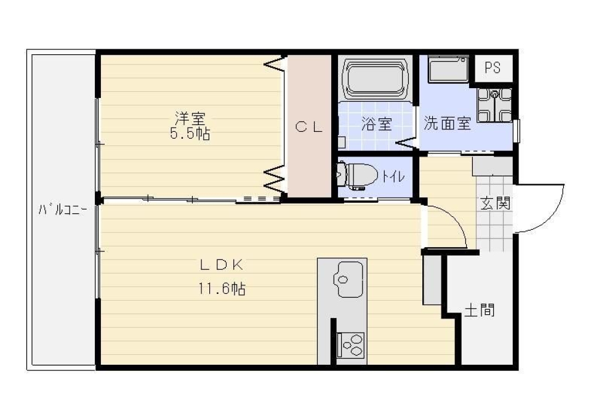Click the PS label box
click(x=493, y=68)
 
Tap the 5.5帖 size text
click(x=190, y=134)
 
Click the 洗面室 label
click(x=447, y=123)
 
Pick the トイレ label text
click(x=393, y=176)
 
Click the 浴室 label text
click(x=376, y=124)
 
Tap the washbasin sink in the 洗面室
click(x=448, y=70)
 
